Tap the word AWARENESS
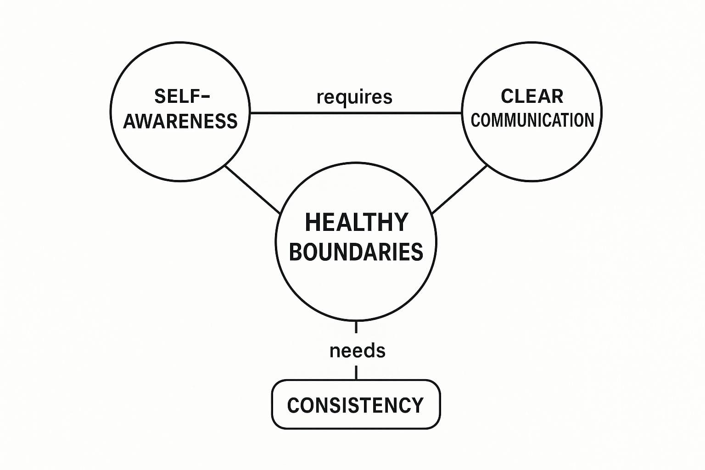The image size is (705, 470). coord(180,121)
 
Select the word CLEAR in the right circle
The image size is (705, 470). coord(532,96)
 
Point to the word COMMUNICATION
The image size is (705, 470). coord(532,120)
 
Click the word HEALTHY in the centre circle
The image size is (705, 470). coord(356,223)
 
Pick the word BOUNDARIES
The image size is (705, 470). coord(356,252)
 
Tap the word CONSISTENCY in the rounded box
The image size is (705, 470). coord(355,405)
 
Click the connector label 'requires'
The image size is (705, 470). coord(354,97)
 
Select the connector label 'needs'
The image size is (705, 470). coord(357,351)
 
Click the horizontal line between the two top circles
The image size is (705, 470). coord(356,112)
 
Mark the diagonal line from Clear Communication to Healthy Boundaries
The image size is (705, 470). coord(459,190)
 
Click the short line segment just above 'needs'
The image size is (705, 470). coord(356,327)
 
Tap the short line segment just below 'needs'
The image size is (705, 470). coord(357,372)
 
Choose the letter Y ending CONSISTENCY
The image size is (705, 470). coord(417,405)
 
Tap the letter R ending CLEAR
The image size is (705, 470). coord(558,96)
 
